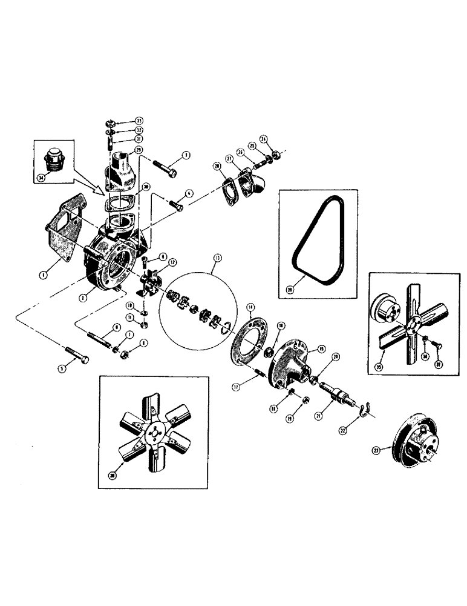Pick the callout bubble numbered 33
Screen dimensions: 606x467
(x=139, y=120)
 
